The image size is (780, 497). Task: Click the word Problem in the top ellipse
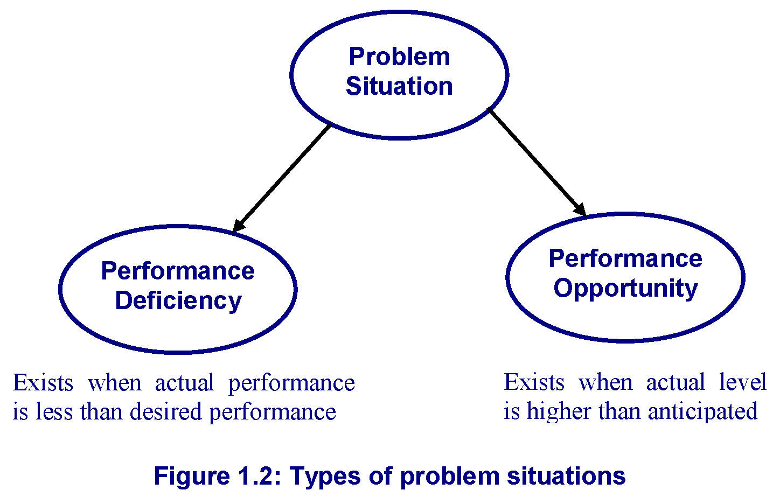coord(399,57)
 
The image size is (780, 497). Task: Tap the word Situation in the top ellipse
coord(399,86)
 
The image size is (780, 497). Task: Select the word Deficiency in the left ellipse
coord(178,301)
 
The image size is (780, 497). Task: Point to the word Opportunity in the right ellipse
coord(625,289)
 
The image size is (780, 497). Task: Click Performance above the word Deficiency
coord(178,271)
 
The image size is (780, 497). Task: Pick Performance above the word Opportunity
coord(625,259)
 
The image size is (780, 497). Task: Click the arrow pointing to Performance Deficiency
coord(281,178)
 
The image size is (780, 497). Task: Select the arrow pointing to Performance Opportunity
coord(537,162)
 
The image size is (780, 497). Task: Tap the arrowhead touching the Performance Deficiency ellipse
coord(238,226)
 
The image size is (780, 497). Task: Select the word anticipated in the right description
coord(702,411)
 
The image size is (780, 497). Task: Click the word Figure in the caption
coord(192,476)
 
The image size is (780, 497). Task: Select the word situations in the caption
coord(566,475)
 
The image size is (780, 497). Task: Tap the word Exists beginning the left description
coord(43,383)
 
